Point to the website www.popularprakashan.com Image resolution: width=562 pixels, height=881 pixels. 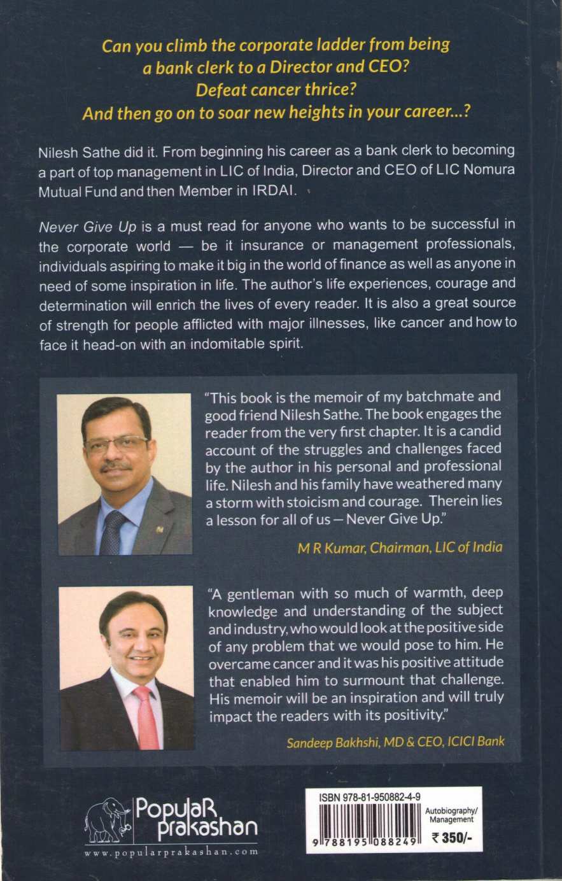click(x=171, y=852)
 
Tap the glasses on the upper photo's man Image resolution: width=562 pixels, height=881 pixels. click(x=116, y=444)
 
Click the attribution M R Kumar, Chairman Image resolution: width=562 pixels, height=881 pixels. click(x=400, y=547)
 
